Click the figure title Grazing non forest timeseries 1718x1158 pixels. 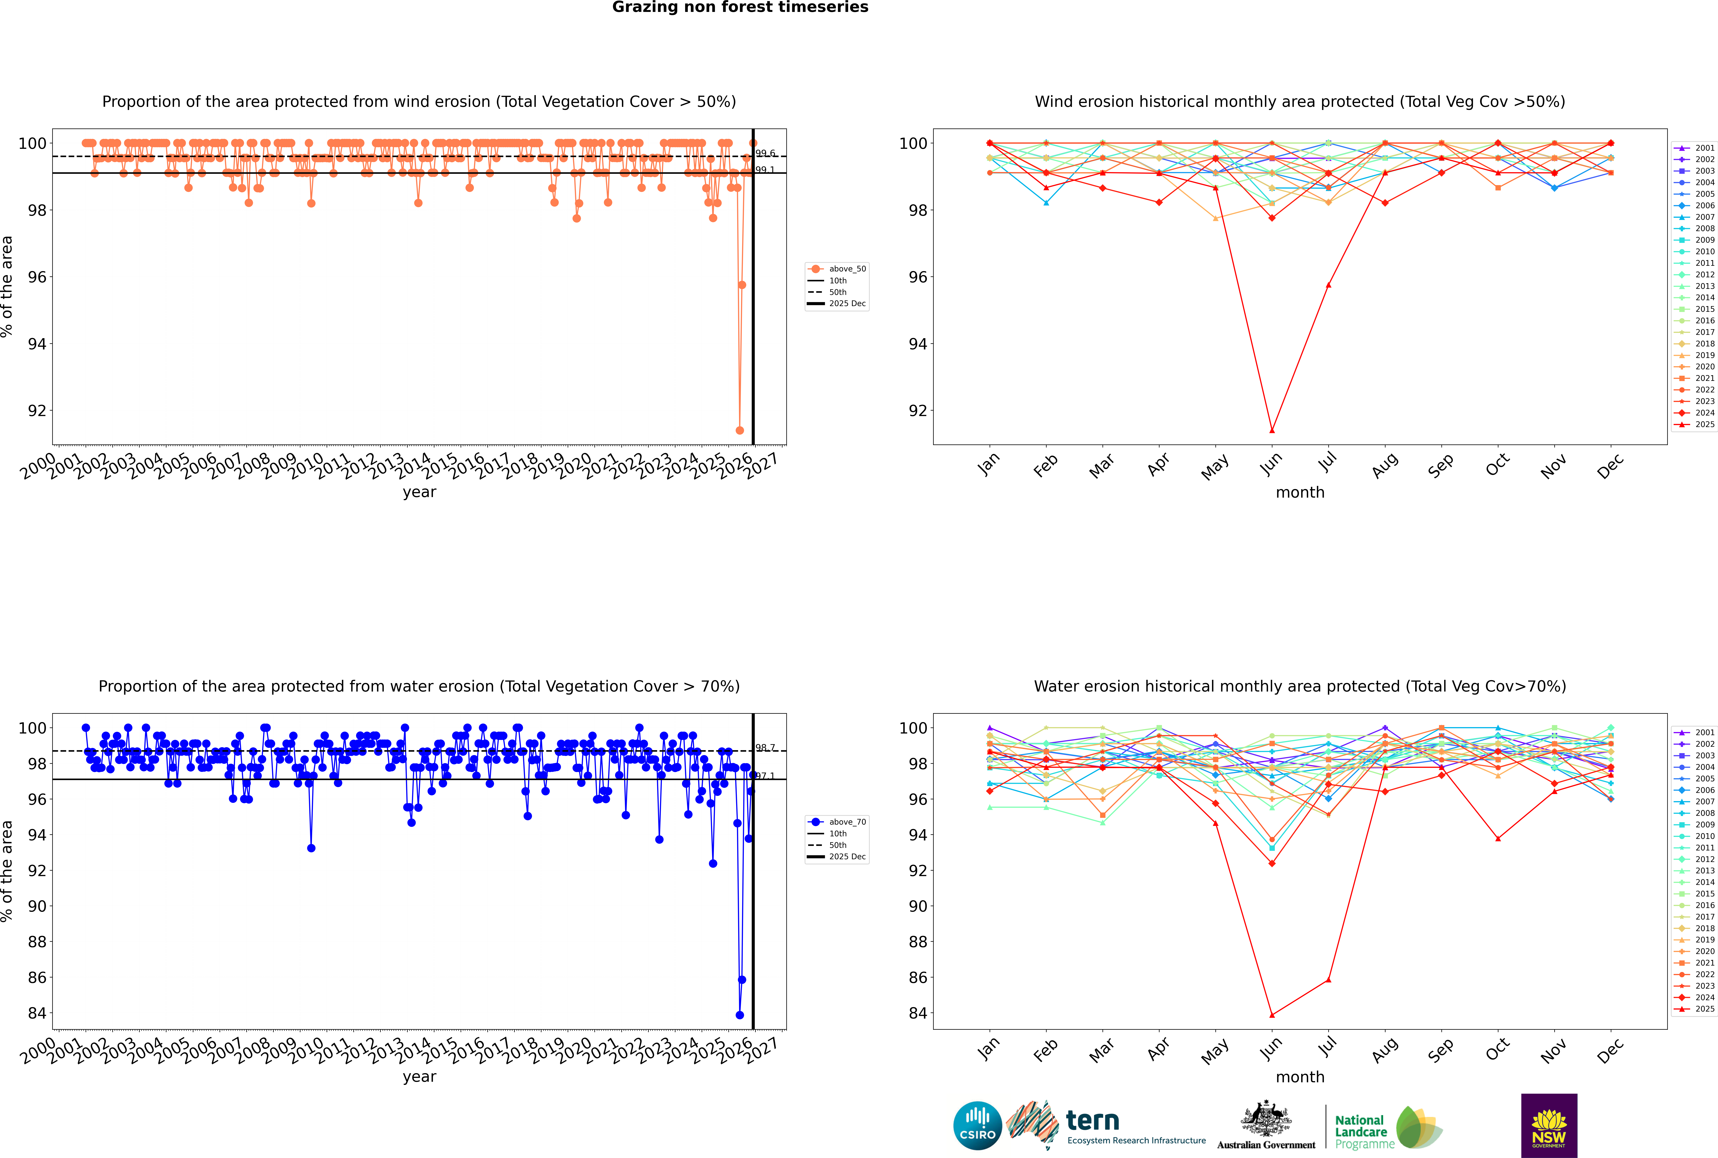pyautogui.click(x=740, y=7)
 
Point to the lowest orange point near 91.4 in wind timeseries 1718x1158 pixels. pyautogui.click(x=739, y=430)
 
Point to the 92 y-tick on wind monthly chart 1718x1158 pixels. pyautogui.click(x=917, y=411)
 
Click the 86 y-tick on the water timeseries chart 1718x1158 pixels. pyautogui.click(x=37, y=977)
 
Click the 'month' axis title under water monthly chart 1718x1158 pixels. pyautogui.click(x=1300, y=1077)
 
